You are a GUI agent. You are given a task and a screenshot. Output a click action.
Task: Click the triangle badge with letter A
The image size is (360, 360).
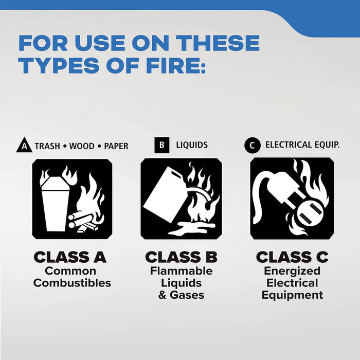pyautogui.click(x=24, y=146)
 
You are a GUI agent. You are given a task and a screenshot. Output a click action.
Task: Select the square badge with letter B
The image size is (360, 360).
pyautogui.click(x=161, y=145)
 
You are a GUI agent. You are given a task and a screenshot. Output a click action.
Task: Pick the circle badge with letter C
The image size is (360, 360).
pyautogui.click(x=251, y=146)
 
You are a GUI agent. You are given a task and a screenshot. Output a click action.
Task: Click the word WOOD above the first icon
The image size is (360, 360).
pyautogui.click(x=82, y=146)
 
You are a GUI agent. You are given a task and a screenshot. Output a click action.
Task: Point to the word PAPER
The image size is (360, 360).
pyautogui.click(x=116, y=146)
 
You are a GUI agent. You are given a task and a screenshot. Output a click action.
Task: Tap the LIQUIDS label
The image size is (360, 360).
pyautogui.click(x=192, y=145)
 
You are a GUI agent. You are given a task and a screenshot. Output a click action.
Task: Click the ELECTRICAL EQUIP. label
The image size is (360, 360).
pyautogui.click(x=302, y=145)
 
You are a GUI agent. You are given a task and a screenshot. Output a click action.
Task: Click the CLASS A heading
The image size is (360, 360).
pyautogui.click(x=70, y=257)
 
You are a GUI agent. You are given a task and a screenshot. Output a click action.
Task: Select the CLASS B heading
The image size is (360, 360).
pyautogui.click(x=181, y=257)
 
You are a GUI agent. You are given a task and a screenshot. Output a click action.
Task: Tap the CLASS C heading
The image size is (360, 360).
pyautogui.click(x=292, y=257)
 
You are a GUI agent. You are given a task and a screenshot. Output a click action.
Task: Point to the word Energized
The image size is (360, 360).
pyautogui.click(x=292, y=271)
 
